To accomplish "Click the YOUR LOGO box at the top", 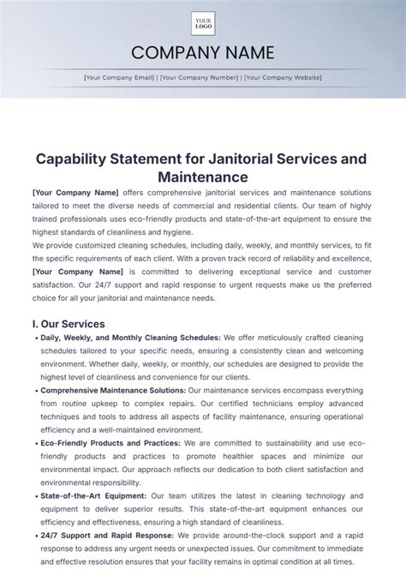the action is point(203,22).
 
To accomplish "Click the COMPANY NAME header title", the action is point(203,54).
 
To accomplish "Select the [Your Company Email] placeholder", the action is point(120,77).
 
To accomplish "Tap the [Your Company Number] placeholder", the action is point(200,77).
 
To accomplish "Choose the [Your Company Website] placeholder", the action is point(283,77).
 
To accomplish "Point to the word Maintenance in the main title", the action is point(203,177).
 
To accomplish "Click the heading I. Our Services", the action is point(69,324).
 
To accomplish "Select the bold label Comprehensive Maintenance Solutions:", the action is point(112,390).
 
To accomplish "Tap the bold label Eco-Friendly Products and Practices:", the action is point(110,443).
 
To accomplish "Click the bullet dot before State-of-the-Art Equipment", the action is point(35,496).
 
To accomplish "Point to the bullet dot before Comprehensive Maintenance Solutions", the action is point(35,390).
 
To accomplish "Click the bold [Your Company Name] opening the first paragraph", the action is point(75,193).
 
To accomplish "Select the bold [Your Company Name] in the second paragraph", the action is point(75,272).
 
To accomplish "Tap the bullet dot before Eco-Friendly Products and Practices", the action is point(35,443).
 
